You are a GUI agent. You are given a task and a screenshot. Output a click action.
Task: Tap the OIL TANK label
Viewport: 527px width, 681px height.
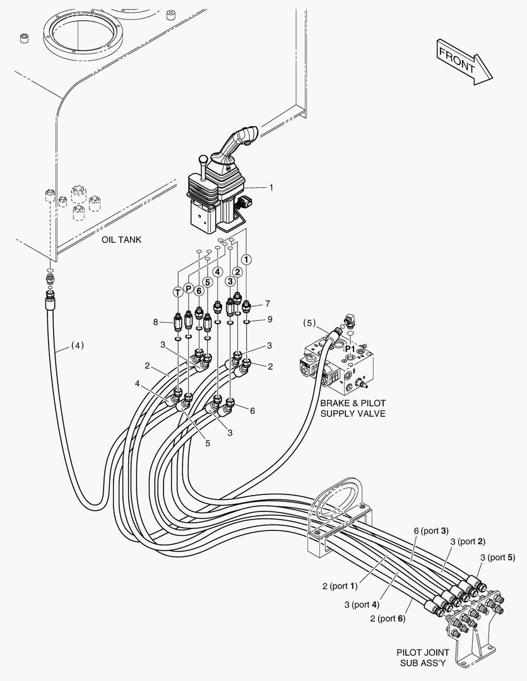click(121, 240)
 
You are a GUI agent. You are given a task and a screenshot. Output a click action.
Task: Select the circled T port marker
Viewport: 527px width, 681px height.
click(178, 291)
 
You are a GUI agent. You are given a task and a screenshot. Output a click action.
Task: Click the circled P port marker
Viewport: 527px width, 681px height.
click(188, 289)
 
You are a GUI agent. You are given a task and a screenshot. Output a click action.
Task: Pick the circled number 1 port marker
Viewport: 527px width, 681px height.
click(246, 259)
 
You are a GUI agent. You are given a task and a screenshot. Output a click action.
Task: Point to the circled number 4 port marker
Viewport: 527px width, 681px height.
click(217, 272)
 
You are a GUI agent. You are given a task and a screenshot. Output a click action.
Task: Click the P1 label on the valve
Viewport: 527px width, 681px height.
click(349, 347)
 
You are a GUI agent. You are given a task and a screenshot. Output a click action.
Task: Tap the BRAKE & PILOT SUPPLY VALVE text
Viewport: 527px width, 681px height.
click(353, 408)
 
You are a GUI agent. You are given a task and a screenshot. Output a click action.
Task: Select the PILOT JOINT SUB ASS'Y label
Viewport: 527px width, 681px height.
click(423, 657)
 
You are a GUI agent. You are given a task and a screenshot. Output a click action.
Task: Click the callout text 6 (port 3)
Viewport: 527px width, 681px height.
click(431, 531)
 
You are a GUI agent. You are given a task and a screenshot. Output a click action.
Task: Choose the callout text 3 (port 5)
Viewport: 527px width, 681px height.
click(497, 557)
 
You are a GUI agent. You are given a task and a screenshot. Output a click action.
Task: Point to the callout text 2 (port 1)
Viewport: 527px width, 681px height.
click(340, 586)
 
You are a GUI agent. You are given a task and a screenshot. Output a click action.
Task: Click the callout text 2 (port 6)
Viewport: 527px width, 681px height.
click(388, 618)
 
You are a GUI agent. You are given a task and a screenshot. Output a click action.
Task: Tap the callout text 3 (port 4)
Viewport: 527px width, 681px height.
click(362, 604)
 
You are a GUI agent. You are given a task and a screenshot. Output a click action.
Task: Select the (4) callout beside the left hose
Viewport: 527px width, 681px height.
click(76, 345)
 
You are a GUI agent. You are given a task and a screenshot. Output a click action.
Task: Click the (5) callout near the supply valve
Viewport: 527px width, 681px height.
click(309, 323)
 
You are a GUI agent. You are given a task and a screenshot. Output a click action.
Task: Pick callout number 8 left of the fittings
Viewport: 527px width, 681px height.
click(155, 322)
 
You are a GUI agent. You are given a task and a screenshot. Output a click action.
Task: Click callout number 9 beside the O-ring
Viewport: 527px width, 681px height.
click(269, 319)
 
